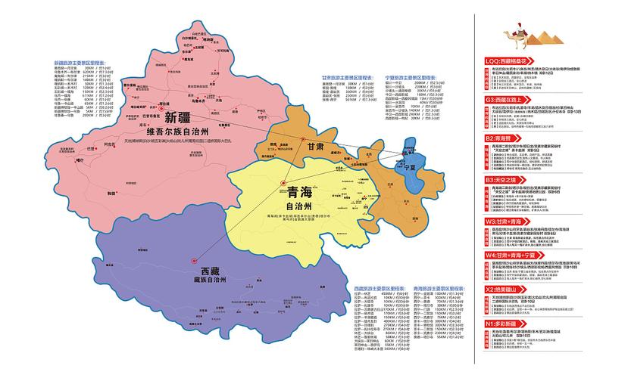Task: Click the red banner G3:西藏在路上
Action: coord(516,99)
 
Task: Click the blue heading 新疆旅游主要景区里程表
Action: coord(80,63)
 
